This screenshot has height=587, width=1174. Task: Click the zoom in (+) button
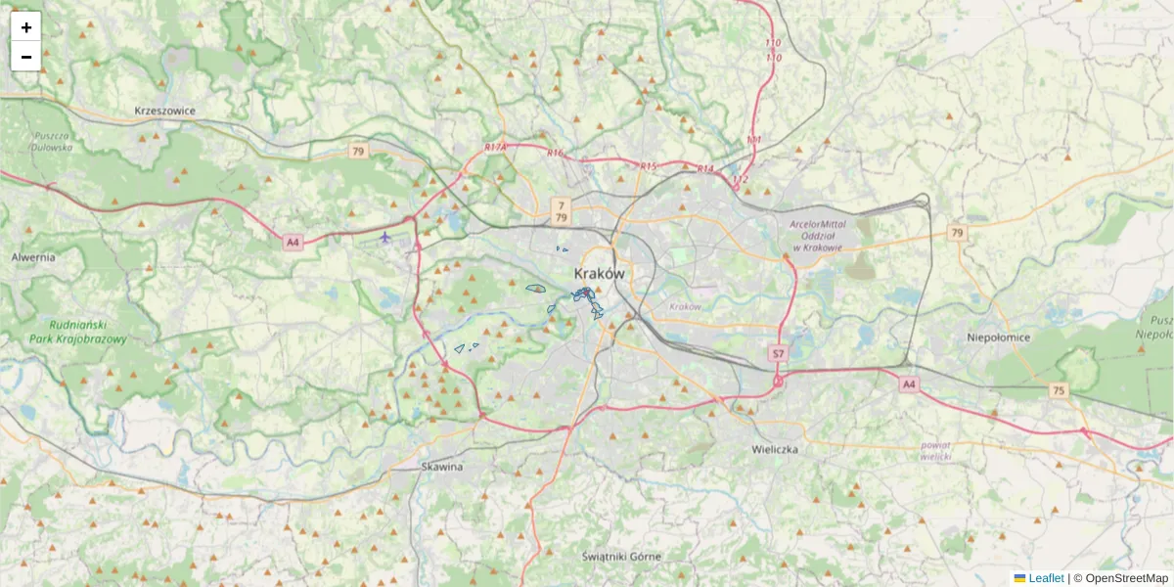tap(26, 27)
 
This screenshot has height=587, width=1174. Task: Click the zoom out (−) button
tap(26, 57)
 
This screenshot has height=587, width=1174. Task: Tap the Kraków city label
tap(599, 274)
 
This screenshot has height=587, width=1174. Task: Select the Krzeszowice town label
tap(165, 111)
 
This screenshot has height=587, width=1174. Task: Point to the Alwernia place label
tap(33, 257)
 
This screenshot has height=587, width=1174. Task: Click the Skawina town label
tap(441, 467)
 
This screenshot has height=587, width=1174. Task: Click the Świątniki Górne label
tap(621, 556)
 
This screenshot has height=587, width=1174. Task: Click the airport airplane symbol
tap(385, 237)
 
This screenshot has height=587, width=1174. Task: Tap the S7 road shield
tap(778, 353)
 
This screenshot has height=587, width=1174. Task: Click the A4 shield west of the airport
tap(292, 242)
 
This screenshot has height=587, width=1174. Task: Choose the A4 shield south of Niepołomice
tap(909, 384)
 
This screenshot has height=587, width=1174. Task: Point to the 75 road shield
tap(1058, 390)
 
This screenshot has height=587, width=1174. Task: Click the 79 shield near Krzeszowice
tap(358, 152)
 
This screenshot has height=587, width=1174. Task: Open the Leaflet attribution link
tap(1046, 578)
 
